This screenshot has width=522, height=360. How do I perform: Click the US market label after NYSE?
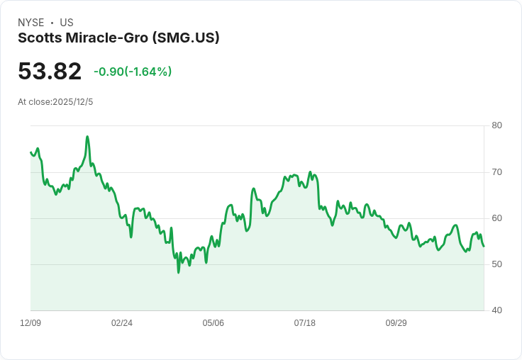pos(67,23)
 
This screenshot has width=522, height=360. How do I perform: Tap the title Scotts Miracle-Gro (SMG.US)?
pos(118,38)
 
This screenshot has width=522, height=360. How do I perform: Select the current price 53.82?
pos(50,71)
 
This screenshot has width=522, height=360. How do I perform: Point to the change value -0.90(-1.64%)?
pos(133,72)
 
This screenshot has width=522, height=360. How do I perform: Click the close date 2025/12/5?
pos(72,102)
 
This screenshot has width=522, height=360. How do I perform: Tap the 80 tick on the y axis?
pos(496,125)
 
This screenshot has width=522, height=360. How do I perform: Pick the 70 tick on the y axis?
pos(496,172)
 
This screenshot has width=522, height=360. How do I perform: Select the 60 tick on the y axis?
pos(496,218)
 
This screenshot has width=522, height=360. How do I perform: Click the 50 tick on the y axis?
pos(496,264)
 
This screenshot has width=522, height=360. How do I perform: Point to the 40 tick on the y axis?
pos(496,310)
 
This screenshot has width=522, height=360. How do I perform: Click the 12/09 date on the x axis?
pos(30,323)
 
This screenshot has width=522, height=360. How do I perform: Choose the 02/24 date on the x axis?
pos(122,323)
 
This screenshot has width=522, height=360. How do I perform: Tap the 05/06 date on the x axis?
pos(213,323)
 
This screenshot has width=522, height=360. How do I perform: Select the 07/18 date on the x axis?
pos(304,323)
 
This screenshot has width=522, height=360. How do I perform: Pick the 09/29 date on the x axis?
pos(396,323)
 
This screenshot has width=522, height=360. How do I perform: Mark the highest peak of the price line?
pos(87,136)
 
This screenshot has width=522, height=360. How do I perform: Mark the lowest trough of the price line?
pos(178,272)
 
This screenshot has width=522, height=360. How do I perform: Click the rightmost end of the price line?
pos(484,246)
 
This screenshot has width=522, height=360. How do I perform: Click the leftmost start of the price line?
pos(30,152)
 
